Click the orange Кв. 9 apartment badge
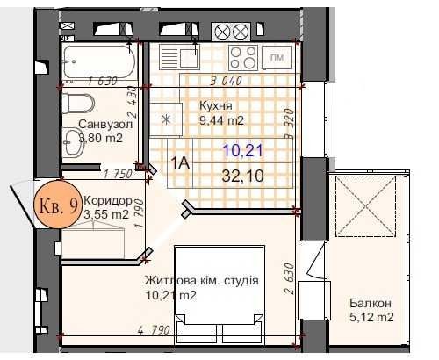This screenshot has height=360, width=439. [58, 205]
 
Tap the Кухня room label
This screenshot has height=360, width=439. [216, 106]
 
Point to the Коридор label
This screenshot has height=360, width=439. [108, 201]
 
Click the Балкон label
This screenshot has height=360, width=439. [371, 303]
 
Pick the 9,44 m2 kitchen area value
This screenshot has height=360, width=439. [221, 120]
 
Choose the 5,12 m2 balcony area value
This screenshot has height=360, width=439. [371, 317]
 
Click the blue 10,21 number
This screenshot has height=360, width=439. [243, 151]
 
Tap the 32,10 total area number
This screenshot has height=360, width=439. [243, 176]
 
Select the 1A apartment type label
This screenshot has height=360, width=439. [180, 163]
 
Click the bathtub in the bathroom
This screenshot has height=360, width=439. [99, 61]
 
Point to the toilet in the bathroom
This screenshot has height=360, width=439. [78, 103]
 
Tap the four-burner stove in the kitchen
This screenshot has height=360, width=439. [243, 58]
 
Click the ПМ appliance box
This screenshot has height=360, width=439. [277, 58]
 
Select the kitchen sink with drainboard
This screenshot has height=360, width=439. [179, 57]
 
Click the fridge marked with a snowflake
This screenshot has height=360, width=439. [166, 119]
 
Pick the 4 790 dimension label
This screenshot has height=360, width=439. [154, 330]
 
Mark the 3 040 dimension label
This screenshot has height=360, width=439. [227, 81]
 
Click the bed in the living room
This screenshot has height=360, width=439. [219, 294]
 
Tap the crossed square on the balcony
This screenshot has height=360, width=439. [365, 206]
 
